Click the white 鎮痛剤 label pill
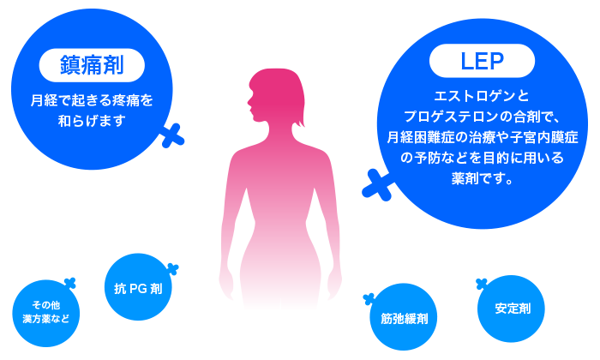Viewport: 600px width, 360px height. coord(92,64)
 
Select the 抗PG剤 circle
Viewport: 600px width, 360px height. coord(138,289)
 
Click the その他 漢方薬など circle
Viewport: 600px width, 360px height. coord(45,311)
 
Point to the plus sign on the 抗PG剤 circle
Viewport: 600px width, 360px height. coord(172,269)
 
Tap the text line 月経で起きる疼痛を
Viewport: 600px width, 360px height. coord(92,100)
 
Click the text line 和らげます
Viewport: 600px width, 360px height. coord(92,121)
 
